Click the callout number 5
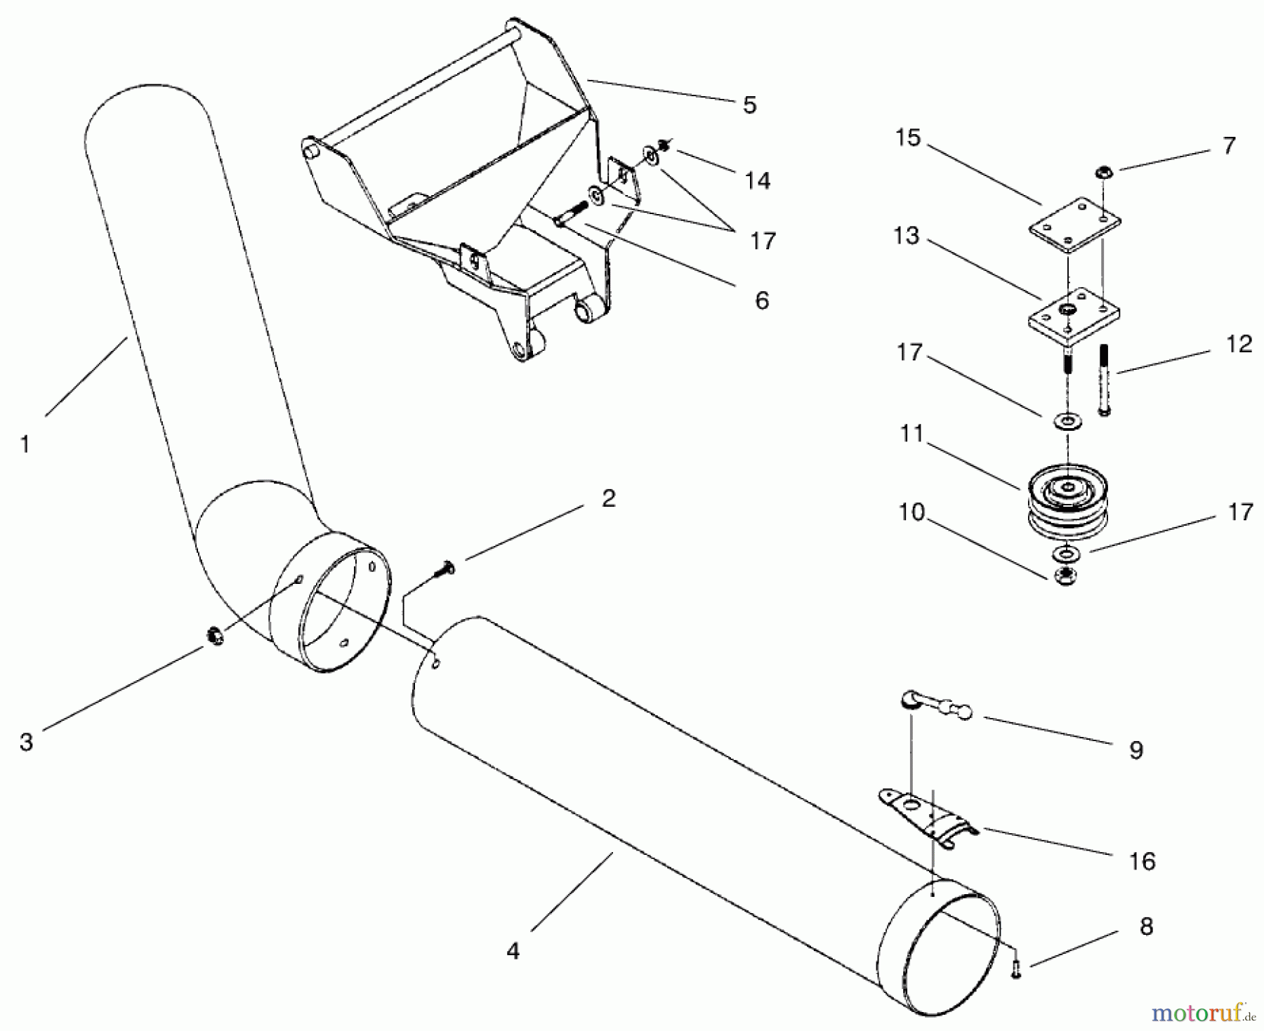[x=749, y=105]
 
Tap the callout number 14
[x=757, y=181]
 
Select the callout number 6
[x=762, y=300]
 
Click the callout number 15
[x=907, y=138]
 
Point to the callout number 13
[x=906, y=236]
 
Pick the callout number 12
[x=1239, y=344]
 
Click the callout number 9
[x=1135, y=750]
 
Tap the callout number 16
[x=1142, y=861]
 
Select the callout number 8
[x=1146, y=926]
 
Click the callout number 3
[x=26, y=742]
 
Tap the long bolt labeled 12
[x=1103, y=379]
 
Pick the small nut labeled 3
[x=216, y=637]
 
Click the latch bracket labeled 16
[x=927, y=816]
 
